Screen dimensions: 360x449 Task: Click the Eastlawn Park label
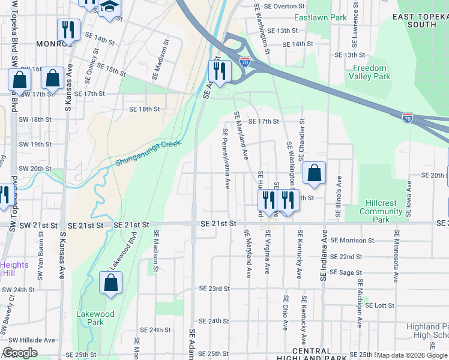tap(327, 18)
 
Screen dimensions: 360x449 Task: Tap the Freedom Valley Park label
tap(371, 73)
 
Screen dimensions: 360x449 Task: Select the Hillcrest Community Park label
tap(381, 211)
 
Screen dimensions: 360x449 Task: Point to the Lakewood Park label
tap(95, 318)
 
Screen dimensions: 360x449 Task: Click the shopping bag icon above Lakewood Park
tap(111, 283)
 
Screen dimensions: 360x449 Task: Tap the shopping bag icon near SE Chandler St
tap(314, 173)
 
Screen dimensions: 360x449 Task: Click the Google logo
tap(20, 353)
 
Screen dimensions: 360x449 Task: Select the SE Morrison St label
tap(352, 240)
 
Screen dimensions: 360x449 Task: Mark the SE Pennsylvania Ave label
tap(226, 159)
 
